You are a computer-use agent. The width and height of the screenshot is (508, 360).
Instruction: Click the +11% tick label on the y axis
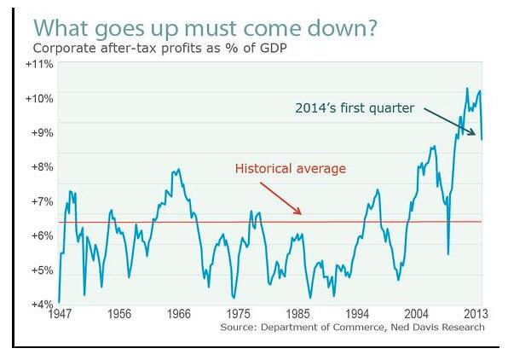tap(39, 64)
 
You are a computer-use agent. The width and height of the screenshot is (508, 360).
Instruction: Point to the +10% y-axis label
tap(39, 98)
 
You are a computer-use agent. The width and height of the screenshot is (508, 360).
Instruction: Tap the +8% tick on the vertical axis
tap(42, 166)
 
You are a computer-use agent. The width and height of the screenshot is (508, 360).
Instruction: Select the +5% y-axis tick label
tap(42, 270)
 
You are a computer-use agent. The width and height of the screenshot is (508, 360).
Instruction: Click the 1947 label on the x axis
tap(60, 314)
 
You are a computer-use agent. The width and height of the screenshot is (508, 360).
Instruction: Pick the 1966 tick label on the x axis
tap(179, 314)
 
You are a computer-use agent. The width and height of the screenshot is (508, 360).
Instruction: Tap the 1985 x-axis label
tap(297, 314)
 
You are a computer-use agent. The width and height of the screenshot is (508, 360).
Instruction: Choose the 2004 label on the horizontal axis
tap(416, 314)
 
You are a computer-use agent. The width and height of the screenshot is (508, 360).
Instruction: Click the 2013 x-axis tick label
tap(476, 314)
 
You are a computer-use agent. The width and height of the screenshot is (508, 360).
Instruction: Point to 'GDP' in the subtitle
tap(273, 48)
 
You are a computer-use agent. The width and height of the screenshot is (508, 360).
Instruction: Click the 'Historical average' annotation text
tap(291, 169)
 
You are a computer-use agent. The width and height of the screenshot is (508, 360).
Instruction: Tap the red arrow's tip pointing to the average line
tap(301, 214)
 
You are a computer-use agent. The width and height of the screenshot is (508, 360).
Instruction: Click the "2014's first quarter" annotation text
tap(355, 108)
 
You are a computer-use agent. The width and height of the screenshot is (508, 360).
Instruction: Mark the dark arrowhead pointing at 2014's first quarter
tap(475, 134)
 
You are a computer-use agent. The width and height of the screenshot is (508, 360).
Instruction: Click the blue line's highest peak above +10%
tap(467, 88)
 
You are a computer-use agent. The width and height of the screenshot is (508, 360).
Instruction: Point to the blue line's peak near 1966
tap(179, 169)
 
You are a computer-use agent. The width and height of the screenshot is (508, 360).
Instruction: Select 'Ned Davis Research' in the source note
tap(438, 327)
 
